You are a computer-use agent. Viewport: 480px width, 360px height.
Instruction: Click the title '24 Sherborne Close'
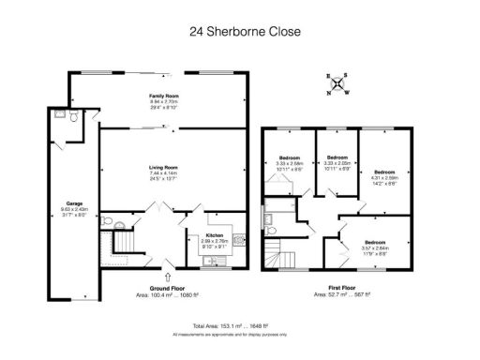click(x=239, y=32)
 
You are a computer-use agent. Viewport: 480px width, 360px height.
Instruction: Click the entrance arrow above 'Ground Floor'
click(x=167, y=276)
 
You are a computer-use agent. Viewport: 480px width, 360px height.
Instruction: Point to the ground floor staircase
click(x=124, y=247)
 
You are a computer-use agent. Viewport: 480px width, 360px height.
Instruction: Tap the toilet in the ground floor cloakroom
click(x=110, y=224)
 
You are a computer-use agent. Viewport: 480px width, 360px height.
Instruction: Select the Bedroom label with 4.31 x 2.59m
click(x=384, y=172)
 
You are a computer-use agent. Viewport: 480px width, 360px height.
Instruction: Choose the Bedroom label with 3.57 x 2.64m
click(x=375, y=244)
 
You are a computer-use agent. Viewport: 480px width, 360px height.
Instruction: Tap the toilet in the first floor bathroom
click(x=270, y=223)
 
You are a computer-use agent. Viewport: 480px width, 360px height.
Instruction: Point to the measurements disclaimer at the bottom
click(x=240, y=333)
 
